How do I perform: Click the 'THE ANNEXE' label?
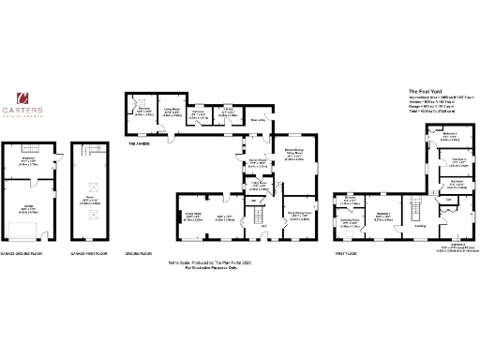point(141,143)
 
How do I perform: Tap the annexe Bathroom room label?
point(144,112)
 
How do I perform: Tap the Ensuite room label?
point(349,200)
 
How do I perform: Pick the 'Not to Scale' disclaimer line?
point(217,264)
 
